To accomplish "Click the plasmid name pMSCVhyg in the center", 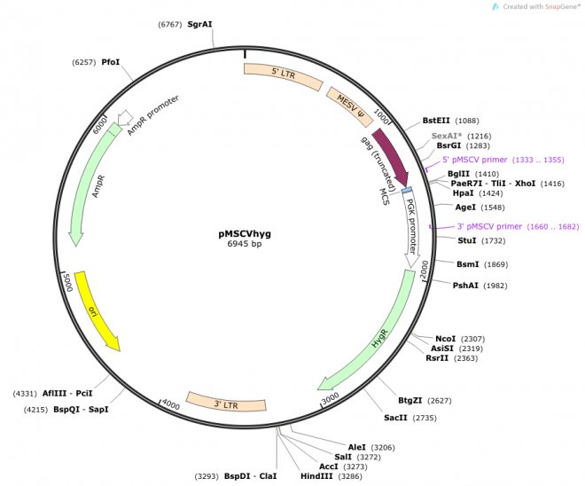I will [x=245, y=233].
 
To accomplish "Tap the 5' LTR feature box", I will [x=283, y=77].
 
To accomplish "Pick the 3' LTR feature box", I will [x=227, y=404].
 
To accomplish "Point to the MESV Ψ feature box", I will [x=350, y=104].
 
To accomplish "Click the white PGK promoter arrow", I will [x=412, y=225].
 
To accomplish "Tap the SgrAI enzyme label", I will [x=199, y=24].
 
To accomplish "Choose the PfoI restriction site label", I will [x=111, y=62].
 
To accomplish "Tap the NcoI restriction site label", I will [x=446, y=339].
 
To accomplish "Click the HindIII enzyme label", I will [x=317, y=476].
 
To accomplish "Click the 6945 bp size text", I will [x=245, y=244].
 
